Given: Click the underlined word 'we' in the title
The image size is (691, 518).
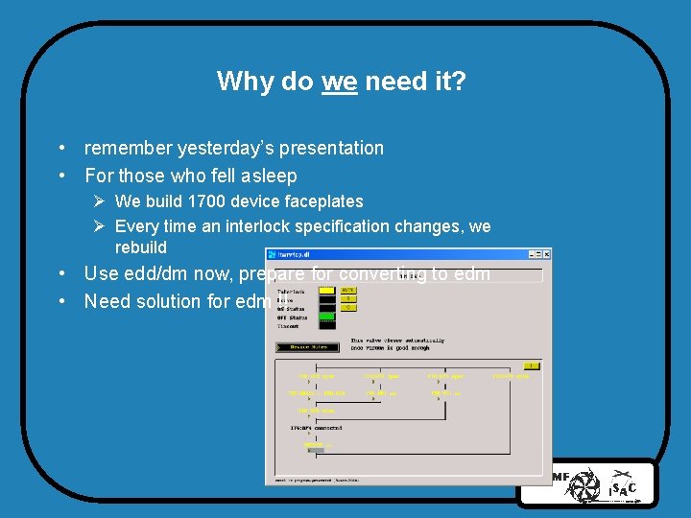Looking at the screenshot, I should click(x=340, y=81).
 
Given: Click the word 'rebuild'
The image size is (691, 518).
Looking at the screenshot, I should click(x=140, y=247).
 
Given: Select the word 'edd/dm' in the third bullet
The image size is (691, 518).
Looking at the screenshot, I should click(x=153, y=273).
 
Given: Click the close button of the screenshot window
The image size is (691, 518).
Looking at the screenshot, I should click(x=546, y=254).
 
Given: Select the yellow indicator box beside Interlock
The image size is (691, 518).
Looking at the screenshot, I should click(x=327, y=290).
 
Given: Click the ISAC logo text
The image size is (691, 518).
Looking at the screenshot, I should click(x=621, y=488).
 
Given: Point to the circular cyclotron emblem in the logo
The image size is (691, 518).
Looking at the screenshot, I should click(x=584, y=485).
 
